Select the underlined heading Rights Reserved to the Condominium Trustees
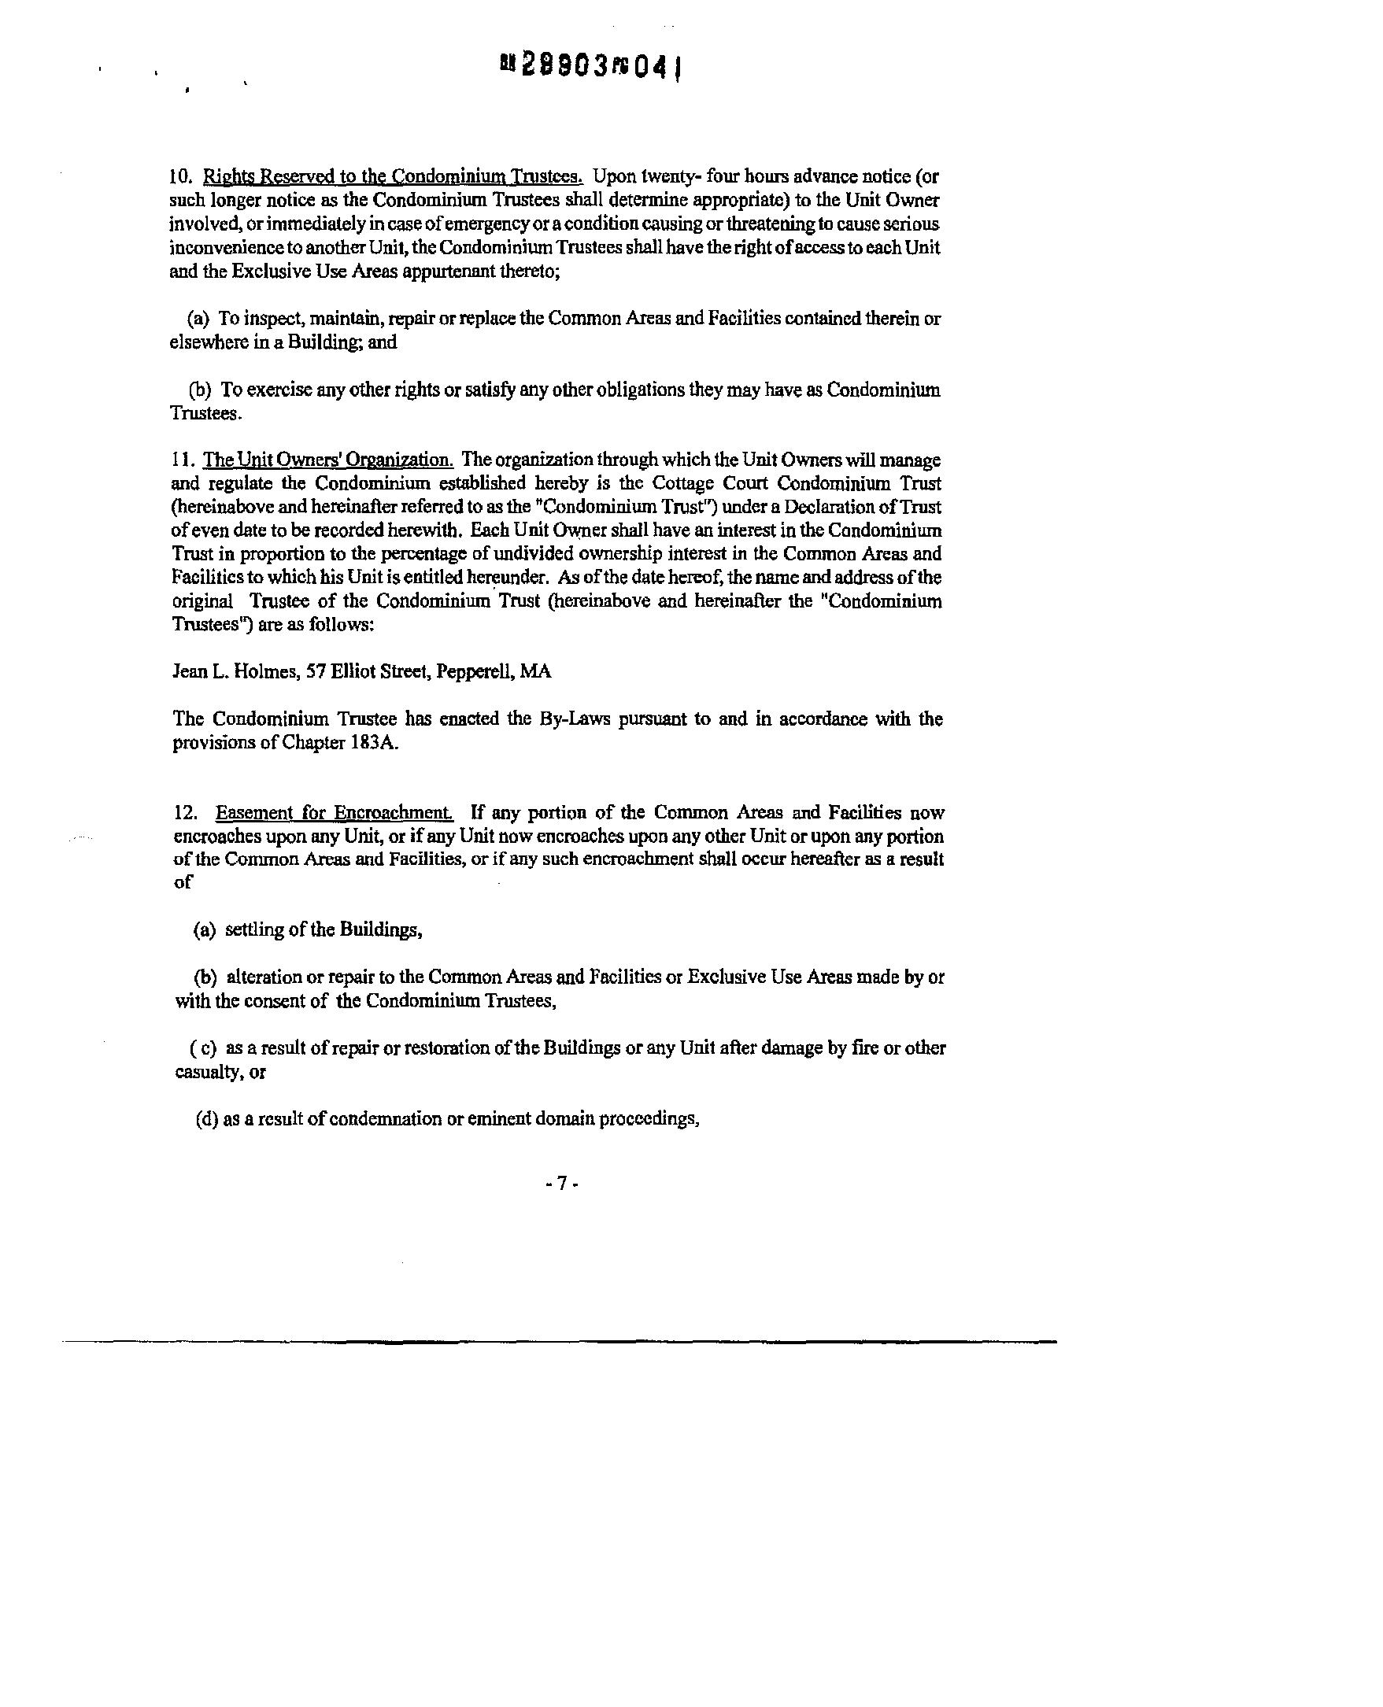tap(394, 176)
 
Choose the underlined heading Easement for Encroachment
tap(335, 812)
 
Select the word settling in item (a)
tap(252, 929)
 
